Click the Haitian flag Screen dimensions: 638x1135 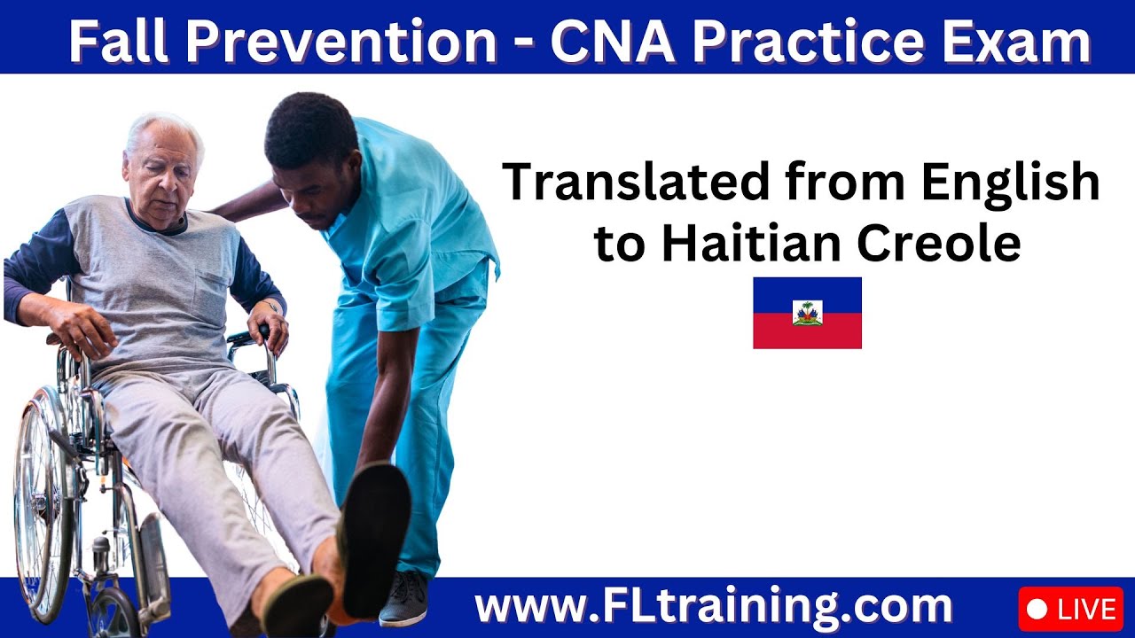pyautogui.click(x=807, y=313)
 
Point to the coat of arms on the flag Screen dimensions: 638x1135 pyautogui.click(x=807, y=313)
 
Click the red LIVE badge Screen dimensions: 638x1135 pyautogui.click(x=1071, y=610)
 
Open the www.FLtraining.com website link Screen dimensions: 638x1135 pyautogui.click(x=713, y=608)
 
